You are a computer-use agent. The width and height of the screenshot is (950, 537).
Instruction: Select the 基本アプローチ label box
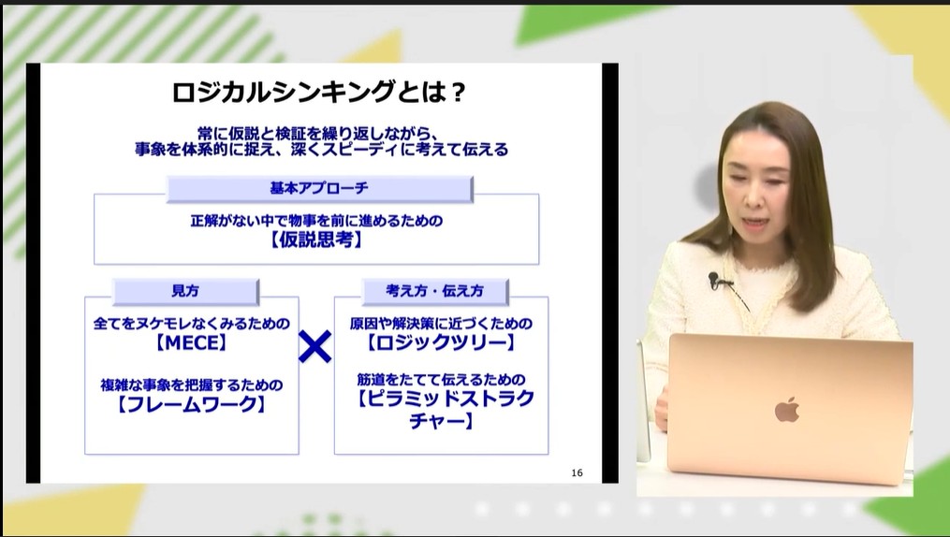[x=319, y=188]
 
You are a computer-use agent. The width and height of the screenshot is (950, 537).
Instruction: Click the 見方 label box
[x=184, y=291]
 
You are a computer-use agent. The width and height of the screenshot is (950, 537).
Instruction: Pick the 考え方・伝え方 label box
[x=434, y=291]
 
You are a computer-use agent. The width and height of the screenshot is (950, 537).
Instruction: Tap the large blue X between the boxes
[x=315, y=347]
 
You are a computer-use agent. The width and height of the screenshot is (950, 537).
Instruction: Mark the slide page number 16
[x=577, y=472]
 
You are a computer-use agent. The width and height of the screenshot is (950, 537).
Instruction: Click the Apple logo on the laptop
[x=787, y=409]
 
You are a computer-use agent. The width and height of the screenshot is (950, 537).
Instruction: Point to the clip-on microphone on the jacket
[x=713, y=278]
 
